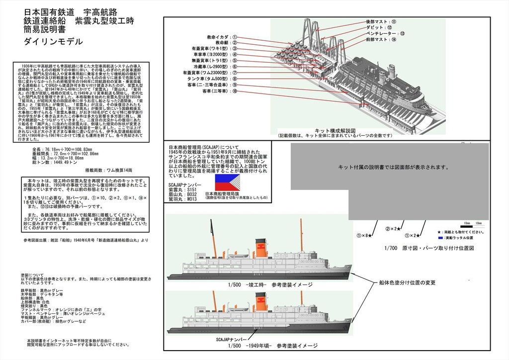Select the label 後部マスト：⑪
(381, 22)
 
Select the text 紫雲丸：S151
(186, 189)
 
